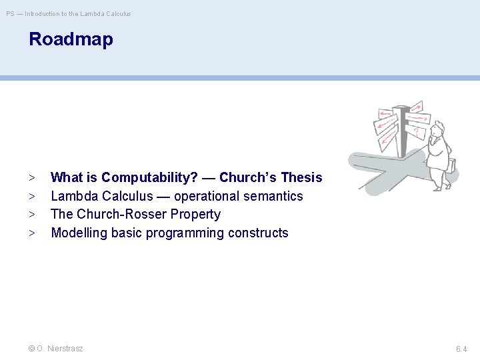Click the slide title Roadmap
(x=71, y=39)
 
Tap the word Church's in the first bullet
(x=248, y=177)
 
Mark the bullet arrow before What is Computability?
(x=32, y=177)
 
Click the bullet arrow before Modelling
(x=32, y=233)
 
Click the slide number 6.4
(x=461, y=349)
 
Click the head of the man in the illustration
(x=437, y=130)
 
